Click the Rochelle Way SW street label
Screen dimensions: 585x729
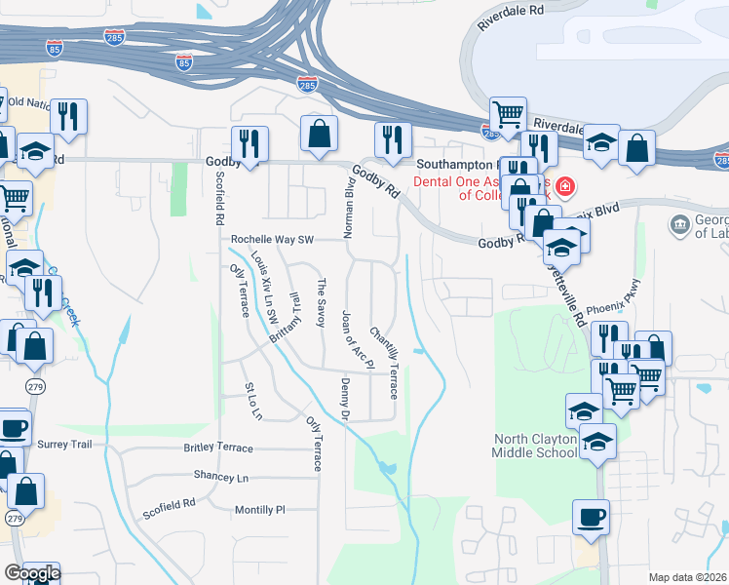(272, 240)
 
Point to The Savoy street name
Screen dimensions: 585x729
(321, 303)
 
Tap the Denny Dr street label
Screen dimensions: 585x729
(345, 400)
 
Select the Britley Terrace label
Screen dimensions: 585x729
(218, 448)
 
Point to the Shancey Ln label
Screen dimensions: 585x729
(221, 478)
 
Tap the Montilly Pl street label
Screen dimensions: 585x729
(259, 510)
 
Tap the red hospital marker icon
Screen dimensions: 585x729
(566, 187)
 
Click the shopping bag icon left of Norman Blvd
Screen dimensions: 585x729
(319, 135)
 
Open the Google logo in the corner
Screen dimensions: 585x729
(32, 573)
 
